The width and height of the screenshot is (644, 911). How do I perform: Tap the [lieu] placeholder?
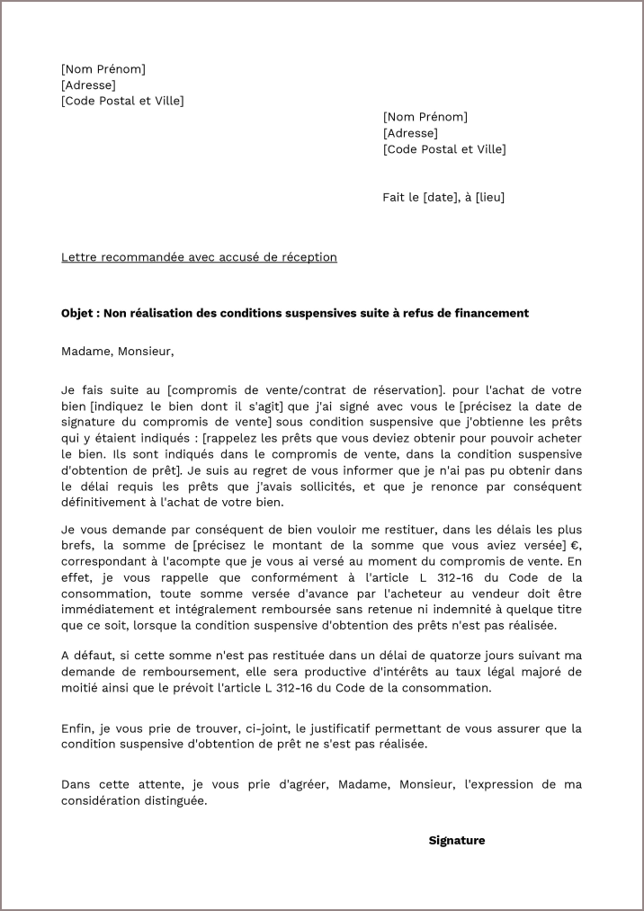coord(489,198)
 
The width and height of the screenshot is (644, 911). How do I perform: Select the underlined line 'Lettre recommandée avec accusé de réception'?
coord(199,257)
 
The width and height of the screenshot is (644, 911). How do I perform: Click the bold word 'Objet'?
coord(78,313)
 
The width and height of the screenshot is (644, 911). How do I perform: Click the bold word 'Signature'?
coord(456,840)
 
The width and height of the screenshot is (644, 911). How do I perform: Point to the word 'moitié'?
coord(80,688)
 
